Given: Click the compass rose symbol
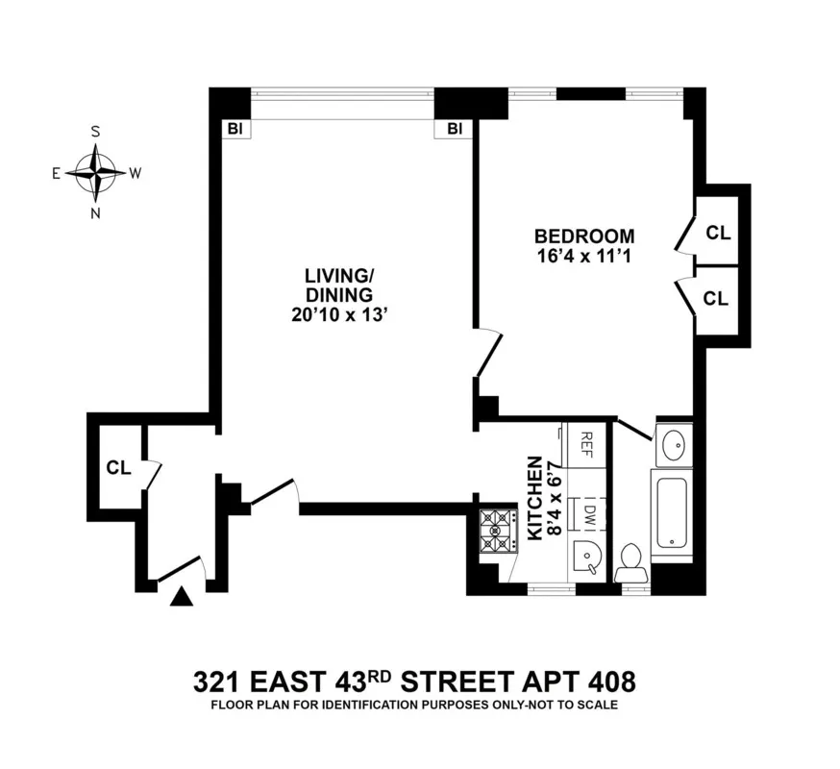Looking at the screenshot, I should click(x=95, y=173).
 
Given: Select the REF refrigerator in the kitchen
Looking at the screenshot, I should click(x=585, y=444).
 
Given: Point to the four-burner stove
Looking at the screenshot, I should click(x=497, y=531).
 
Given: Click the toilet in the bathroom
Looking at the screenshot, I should click(x=631, y=562).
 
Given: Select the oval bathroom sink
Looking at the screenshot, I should click(x=673, y=443).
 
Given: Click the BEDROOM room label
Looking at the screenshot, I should click(x=584, y=236).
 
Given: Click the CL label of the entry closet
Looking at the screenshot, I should click(x=118, y=468).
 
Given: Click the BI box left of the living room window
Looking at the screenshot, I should click(x=234, y=128).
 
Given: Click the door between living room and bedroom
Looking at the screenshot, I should click(x=487, y=352).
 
